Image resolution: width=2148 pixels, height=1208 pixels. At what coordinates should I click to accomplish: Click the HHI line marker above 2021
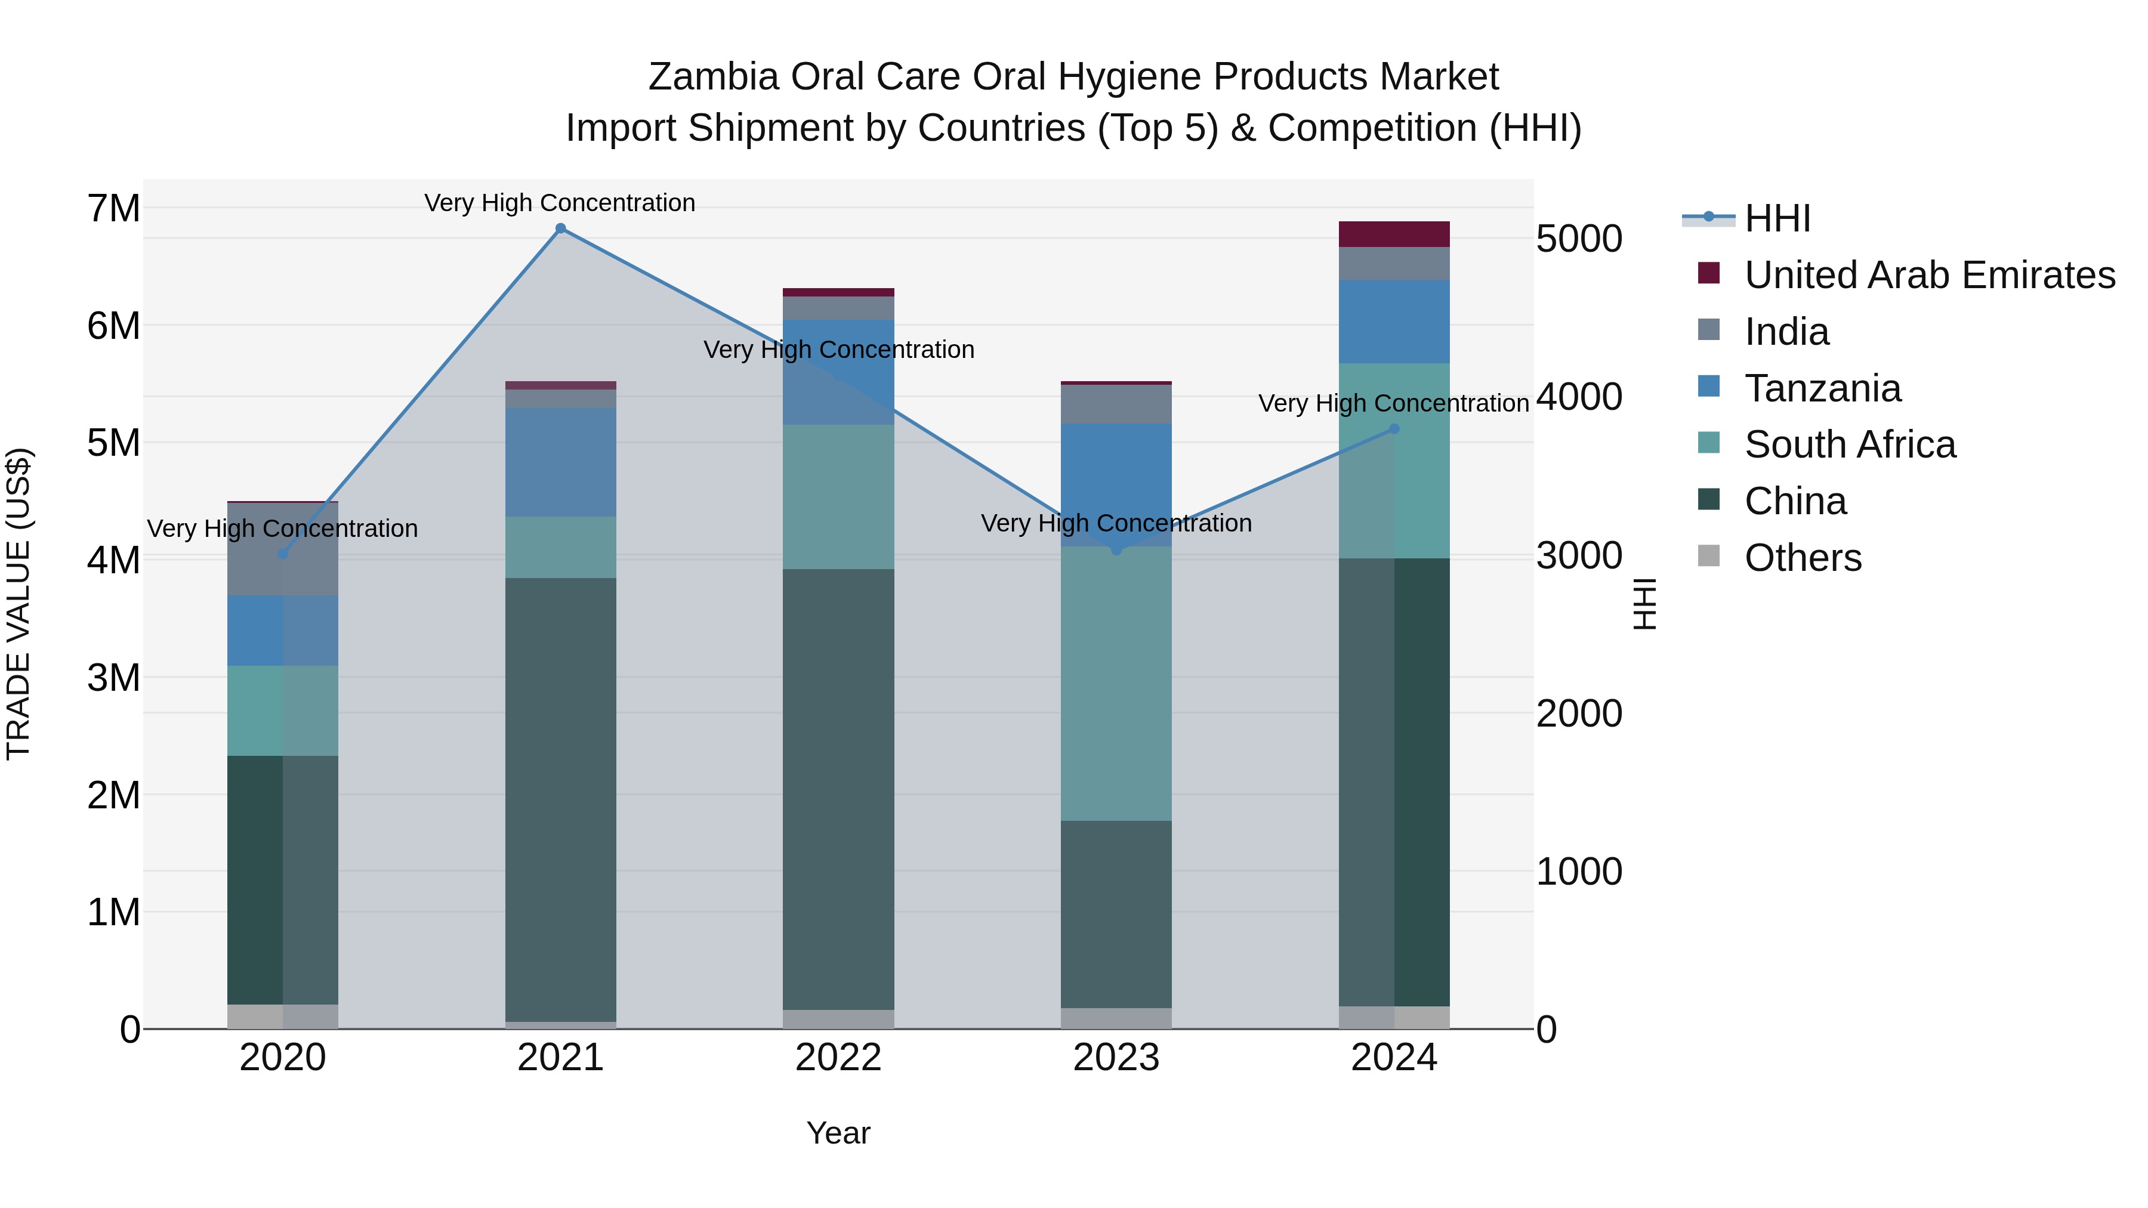(560, 228)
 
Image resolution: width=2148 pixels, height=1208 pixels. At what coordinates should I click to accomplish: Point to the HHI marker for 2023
(1116, 549)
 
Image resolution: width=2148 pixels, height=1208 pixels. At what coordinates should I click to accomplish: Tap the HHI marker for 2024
(1394, 430)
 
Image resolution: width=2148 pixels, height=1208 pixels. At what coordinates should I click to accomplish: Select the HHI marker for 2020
(283, 554)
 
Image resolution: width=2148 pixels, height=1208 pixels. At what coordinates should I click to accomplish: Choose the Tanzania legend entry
(1822, 388)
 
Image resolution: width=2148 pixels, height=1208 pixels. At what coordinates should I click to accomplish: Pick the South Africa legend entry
(1850, 444)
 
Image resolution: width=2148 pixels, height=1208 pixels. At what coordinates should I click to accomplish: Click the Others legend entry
(1802, 558)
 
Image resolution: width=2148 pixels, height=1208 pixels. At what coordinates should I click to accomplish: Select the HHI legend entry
(1777, 218)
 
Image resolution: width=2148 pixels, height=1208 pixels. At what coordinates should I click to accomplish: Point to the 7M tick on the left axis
(114, 208)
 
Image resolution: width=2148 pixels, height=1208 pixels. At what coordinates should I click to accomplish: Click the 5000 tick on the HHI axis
(1578, 239)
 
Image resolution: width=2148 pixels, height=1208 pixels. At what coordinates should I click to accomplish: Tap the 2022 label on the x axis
(838, 1058)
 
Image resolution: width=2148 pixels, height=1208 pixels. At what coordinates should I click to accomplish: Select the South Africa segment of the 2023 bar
(1116, 683)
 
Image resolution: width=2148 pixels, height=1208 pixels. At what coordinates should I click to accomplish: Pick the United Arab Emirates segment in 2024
(1394, 234)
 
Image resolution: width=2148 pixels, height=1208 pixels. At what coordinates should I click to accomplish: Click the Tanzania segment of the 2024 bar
(1394, 321)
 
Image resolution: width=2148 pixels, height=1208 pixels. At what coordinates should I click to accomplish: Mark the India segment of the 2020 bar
(283, 549)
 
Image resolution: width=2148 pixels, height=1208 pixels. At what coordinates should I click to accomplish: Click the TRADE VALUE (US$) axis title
(18, 604)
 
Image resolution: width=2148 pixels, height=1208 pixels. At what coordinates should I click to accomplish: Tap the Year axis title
(838, 1133)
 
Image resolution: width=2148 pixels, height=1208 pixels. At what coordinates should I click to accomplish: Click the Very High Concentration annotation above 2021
(560, 203)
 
